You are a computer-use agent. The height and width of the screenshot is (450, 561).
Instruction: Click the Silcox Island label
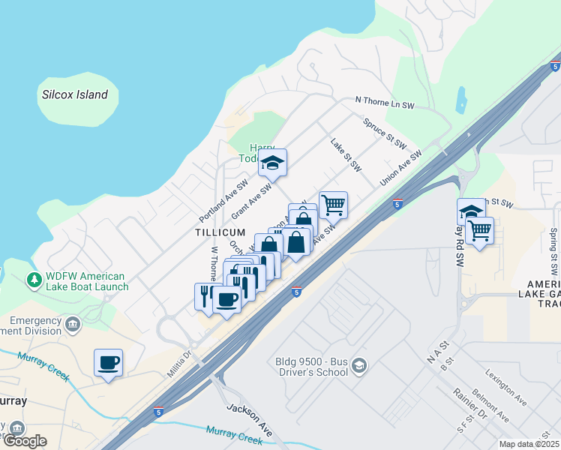coord(75,94)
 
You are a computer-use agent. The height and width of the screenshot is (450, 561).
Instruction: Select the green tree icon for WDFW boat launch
coord(34,280)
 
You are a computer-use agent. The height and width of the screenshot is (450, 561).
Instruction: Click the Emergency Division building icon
coord(72,325)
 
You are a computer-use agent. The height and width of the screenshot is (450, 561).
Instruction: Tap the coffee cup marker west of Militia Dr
coord(109,363)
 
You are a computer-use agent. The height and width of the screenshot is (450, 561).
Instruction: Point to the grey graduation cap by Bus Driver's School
coord(359,365)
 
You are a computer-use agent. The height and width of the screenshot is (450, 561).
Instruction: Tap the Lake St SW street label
coord(346,155)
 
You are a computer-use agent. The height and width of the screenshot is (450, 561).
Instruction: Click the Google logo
coord(25,440)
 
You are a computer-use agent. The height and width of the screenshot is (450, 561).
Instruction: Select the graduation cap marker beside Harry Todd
coord(273,162)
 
